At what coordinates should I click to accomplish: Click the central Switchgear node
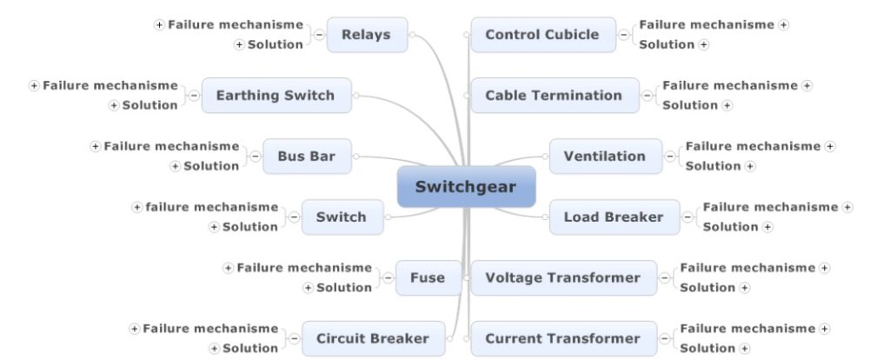466,187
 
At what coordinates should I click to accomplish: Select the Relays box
366,35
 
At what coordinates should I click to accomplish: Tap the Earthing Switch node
276,96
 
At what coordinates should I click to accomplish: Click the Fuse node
427,278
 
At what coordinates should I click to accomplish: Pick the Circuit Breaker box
372,338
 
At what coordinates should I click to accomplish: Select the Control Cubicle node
541,35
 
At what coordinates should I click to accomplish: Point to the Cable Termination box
554,96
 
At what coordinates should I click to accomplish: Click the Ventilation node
604,157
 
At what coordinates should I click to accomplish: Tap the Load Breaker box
613,217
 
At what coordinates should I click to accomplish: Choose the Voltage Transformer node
562,278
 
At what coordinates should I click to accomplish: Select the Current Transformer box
562,338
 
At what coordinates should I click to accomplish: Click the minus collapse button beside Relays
319,35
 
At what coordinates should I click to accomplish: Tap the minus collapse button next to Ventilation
670,157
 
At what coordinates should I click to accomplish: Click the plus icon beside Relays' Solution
239,44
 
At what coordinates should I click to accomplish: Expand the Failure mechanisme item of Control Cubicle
784,25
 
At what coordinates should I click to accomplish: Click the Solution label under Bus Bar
211,166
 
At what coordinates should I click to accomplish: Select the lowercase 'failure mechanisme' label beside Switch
212,207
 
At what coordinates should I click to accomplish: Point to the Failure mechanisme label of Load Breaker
771,207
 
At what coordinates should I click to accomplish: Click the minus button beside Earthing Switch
194,96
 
